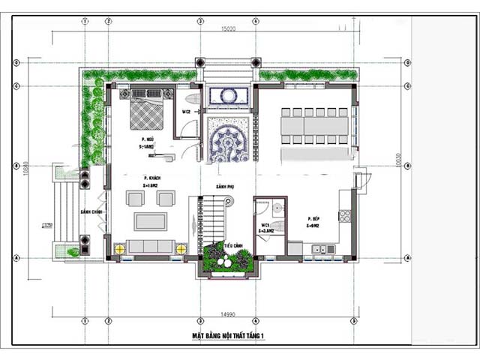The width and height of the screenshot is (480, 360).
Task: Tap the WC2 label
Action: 186,112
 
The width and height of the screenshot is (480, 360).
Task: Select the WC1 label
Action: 265,226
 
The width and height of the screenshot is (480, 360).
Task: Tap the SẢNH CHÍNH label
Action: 91,212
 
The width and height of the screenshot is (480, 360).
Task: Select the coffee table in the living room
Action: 150,221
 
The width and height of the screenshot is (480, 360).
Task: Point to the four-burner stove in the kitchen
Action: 345,216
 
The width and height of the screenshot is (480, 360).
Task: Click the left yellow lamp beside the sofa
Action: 118,247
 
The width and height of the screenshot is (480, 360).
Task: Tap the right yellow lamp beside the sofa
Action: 181,247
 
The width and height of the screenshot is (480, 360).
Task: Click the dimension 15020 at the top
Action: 229,30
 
